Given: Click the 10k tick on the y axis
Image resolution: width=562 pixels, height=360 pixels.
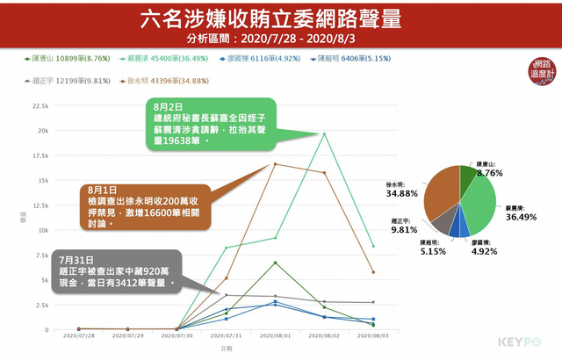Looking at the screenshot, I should pyautogui.click(x=43, y=230).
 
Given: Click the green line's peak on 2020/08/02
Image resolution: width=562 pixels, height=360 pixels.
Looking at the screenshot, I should pyautogui.click(x=324, y=133).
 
